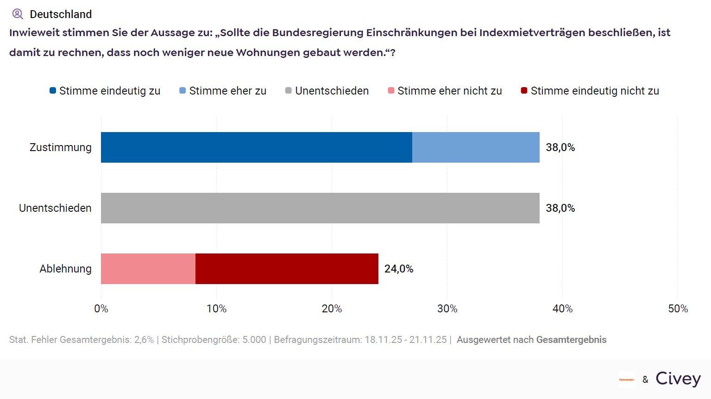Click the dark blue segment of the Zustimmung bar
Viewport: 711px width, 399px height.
click(256, 147)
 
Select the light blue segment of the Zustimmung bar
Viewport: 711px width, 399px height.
click(476, 147)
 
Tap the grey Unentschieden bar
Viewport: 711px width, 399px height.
click(320, 208)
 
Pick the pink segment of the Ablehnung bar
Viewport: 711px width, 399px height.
click(148, 269)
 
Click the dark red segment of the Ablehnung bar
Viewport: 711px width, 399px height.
click(287, 269)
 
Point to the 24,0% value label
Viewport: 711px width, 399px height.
click(399, 269)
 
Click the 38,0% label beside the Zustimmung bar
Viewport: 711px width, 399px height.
click(560, 147)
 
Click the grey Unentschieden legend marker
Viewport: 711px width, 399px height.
click(289, 91)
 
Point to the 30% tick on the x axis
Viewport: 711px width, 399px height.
click(447, 309)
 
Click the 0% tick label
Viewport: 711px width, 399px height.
click(101, 309)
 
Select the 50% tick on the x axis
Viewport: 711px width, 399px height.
click(678, 309)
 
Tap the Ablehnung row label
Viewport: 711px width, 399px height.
click(65, 269)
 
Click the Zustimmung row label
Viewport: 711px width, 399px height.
click(61, 147)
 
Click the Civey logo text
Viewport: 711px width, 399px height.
click(678, 379)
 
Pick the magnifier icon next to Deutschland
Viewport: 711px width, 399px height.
click(18, 14)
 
